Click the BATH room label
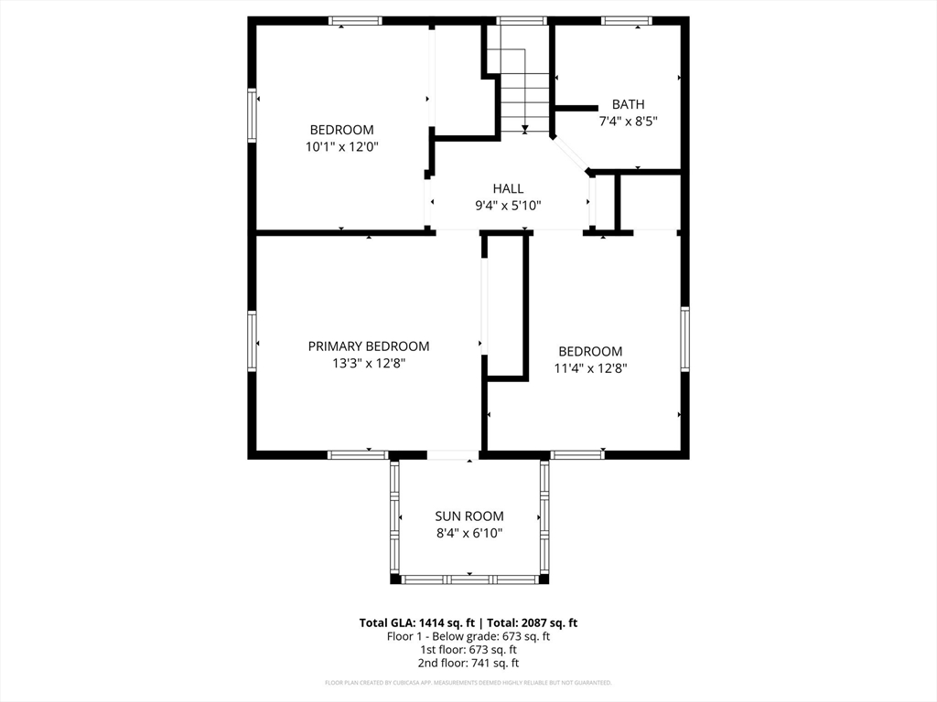click(628, 104)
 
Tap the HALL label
click(508, 188)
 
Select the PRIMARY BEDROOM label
click(368, 346)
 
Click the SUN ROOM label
click(468, 516)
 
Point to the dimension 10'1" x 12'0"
click(341, 146)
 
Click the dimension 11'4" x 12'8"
click(590, 368)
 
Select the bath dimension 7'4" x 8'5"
click(628, 121)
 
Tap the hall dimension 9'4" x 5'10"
click(508, 206)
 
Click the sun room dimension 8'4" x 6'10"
click(468, 533)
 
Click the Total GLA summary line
click(468, 622)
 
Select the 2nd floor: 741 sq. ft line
click(468, 663)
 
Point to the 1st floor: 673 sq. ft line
click(468, 650)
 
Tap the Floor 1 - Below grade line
click(468, 636)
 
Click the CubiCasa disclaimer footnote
click(468, 682)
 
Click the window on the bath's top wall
click(627, 20)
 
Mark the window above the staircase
click(522, 20)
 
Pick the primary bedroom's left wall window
click(252, 342)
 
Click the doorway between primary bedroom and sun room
click(453, 454)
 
